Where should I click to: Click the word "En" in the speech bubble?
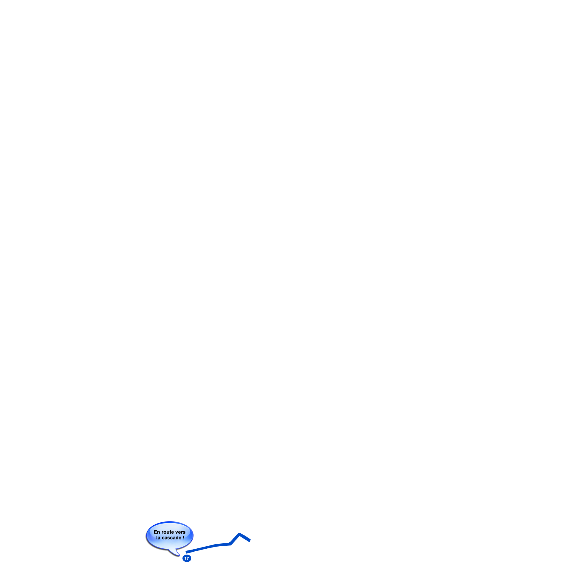point(157,532)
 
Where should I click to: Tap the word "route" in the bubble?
point(167,532)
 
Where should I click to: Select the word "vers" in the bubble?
point(180,532)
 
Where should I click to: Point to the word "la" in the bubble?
point(158,538)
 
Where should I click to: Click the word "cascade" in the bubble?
point(172,538)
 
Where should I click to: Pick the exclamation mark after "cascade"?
point(184,538)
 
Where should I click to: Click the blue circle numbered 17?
point(187,558)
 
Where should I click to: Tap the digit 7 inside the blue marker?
point(188,558)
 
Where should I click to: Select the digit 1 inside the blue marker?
point(185,558)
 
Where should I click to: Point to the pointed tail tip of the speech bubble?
point(179,555)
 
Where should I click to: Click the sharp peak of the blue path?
point(239,534)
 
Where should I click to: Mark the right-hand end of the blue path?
point(250,541)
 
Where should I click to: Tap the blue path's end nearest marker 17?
point(186,552)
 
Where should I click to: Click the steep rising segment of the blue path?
point(235,539)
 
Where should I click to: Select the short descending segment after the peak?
point(245,537)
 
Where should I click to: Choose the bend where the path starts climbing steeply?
point(230,544)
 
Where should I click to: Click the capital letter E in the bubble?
point(155,532)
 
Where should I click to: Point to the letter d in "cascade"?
point(177,538)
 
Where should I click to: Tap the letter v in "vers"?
point(177,533)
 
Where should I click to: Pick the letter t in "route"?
point(170,532)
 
